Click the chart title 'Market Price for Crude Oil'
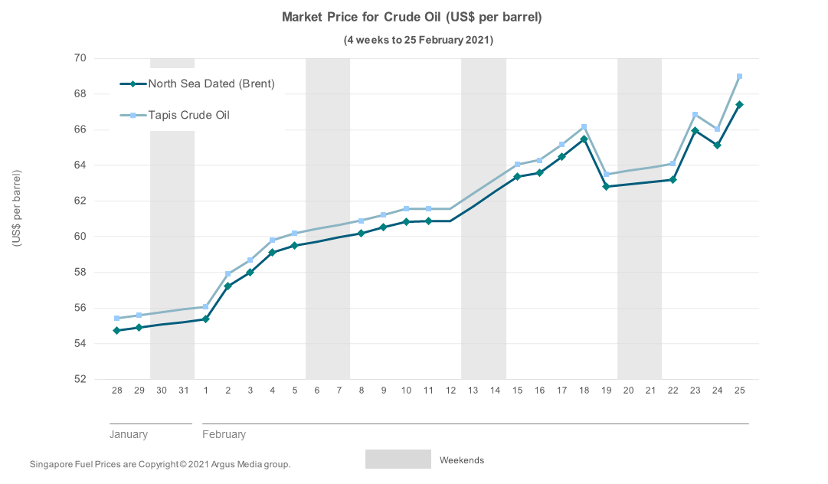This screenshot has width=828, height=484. click(x=412, y=17)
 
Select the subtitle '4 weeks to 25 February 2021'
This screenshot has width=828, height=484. click(x=417, y=40)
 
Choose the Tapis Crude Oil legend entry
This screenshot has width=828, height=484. click(x=188, y=115)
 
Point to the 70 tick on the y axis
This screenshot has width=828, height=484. click(x=80, y=58)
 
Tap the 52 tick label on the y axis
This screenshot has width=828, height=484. click(x=80, y=379)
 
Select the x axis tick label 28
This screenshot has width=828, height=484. click(x=116, y=391)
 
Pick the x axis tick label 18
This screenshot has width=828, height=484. click(x=584, y=391)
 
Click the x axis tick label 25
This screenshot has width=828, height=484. click(x=739, y=391)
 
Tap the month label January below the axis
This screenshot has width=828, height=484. click(x=129, y=434)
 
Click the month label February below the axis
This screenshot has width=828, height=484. click(x=224, y=434)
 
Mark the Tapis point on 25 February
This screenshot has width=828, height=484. click(x=739, y=77)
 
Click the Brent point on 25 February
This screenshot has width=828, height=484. click(x=739, y=105)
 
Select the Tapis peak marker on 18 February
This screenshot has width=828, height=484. click(x=584, y=127)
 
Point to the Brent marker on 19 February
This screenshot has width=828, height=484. click(x=606, y=186)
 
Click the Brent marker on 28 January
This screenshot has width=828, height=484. click(x=116, y=331)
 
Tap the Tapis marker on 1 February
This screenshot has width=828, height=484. click(x=205, y=307)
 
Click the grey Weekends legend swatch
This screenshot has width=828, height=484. click(x=398, y=459)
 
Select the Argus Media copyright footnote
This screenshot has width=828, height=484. click(x=160, y=464)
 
